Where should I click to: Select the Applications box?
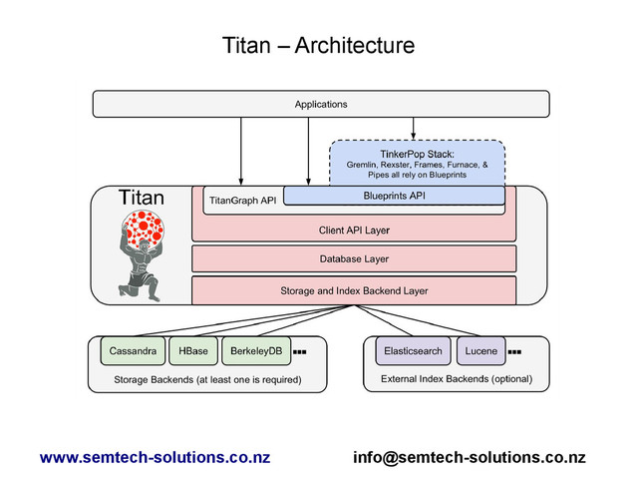click(x=320, y=104)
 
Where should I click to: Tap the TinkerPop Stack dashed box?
click(x=418, y=162)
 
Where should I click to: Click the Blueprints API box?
click(x=394, y=196)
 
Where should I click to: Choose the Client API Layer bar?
click(x=354, y=231)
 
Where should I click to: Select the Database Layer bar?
click(x=354, y=259)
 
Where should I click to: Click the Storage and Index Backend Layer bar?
click(x=354, y=290)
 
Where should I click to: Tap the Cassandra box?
click(x=132, y=352)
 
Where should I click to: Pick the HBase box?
click(x=194, y=352)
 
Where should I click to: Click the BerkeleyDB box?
click(x=256, y=352)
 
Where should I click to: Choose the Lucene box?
click(x=480, y=352)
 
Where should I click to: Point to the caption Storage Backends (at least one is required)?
click(x=207, y=379)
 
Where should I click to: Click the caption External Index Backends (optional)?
click(x=457, y=379)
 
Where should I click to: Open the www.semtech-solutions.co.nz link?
click(x=155, y=458)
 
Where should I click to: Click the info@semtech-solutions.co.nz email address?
click(x=470, y=458)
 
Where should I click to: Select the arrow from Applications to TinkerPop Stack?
click(x=413, y=128)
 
